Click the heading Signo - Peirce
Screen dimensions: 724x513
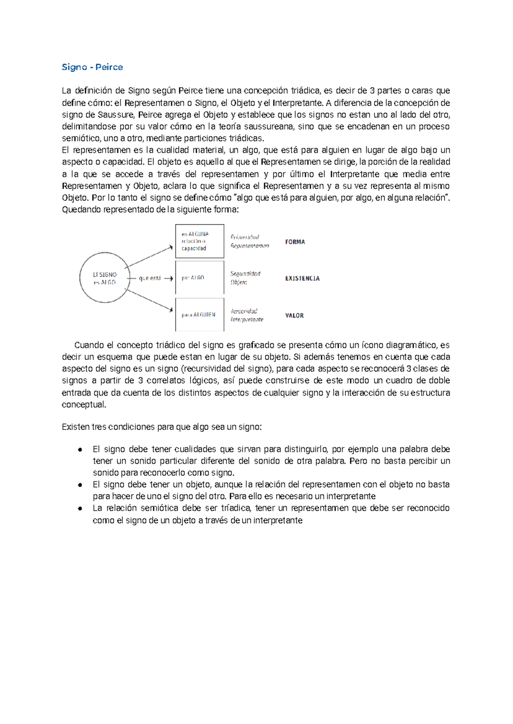(x=92, y=67)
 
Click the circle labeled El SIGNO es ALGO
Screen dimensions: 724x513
(x=105, y=278)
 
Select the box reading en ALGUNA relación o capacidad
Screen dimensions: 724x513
(x=200, y=241)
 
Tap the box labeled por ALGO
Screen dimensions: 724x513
(x=200, y=278)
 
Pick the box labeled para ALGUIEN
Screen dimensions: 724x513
(x=200, y=315)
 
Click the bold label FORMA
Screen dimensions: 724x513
(x=295, y=242)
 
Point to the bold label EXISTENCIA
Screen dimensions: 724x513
(x=302, y=278)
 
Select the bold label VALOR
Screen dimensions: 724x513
(x=295, y=315)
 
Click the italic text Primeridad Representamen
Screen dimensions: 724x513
(x=250, y=241)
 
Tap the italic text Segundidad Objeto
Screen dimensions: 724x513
(x=245, y=278)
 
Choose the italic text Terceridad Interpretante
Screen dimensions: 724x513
(x=247, y=315)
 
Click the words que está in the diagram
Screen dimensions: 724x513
(x=150, y=278)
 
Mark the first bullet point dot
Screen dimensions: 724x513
(x=80, y=450)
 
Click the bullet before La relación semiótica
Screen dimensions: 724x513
(x=80, y=509)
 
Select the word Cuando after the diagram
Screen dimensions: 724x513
(x=89, y=345)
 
